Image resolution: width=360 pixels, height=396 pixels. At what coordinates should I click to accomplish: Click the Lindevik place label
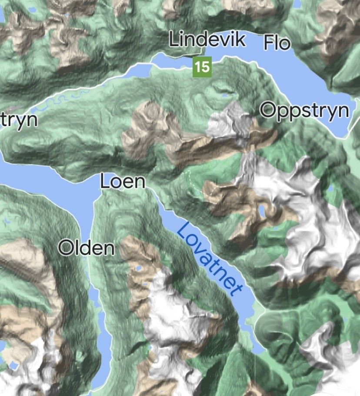click(x=207, y=40)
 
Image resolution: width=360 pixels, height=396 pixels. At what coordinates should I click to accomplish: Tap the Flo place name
click(x=277, y=43)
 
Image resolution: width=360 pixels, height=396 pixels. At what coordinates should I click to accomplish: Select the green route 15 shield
click(x=202, y=67)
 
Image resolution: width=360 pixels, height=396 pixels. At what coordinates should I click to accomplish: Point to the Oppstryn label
click(x=305, y=110)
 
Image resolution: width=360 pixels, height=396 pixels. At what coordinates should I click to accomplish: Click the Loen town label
click(x=123, y=181)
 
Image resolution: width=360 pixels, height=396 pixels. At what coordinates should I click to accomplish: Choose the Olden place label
click(x=87, y=248)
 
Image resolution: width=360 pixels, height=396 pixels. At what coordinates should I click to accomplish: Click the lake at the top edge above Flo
click(x=297, y=3)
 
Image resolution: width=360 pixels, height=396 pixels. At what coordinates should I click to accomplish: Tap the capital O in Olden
click(x=66, y=248)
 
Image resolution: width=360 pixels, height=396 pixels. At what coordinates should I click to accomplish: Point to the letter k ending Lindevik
click(x=240, y=40)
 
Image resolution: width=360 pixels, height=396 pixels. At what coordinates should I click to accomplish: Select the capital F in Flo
click(x=269, y=43)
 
